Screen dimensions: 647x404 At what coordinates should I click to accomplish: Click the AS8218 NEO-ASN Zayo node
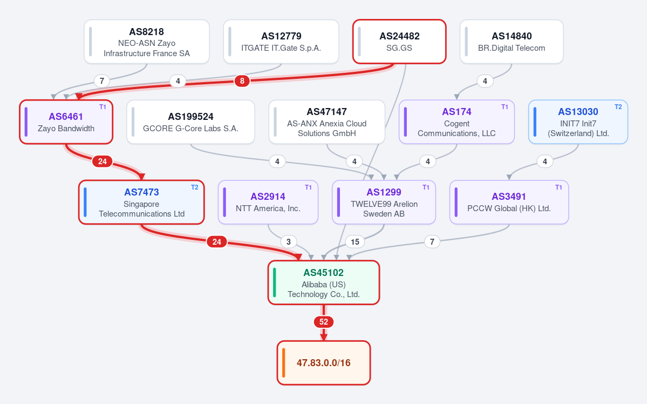146,42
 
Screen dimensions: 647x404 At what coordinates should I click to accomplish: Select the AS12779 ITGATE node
281,42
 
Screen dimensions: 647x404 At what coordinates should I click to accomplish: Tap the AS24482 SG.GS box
399,42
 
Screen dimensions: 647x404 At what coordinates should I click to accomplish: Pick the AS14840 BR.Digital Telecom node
512,42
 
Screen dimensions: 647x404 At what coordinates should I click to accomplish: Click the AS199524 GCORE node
190,122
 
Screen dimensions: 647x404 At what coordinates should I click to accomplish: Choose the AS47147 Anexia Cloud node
327,122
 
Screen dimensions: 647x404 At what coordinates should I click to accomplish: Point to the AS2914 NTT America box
268,202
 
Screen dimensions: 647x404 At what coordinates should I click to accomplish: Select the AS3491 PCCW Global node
509,202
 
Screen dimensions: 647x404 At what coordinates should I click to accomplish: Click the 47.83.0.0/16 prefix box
324,363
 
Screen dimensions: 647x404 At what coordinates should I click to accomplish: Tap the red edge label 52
324,322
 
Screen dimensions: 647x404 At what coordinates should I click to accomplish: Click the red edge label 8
242,81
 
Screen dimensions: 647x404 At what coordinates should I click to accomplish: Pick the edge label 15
355,241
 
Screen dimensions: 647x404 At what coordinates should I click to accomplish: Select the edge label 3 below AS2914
289,241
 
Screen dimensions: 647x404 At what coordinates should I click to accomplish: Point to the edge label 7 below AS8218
102,80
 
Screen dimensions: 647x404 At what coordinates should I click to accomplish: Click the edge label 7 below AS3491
432,241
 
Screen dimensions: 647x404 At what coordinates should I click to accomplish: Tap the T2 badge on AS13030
618,107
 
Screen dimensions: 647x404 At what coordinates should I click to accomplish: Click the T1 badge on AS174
505,107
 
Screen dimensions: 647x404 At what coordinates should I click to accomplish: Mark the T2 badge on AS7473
195,187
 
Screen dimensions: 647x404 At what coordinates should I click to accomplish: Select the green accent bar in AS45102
275,282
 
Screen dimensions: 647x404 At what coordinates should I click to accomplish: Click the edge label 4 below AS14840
485,81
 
